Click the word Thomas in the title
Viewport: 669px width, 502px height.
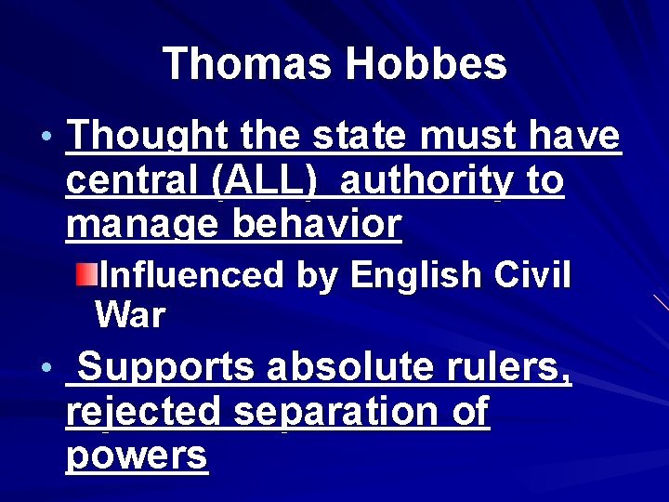pos(247,64)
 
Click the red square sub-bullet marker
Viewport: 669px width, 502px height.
pos(85,275)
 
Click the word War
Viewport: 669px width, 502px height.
pos(129,316)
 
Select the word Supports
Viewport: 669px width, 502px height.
pos(165,368)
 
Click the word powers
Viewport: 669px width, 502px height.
pos(137,456)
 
